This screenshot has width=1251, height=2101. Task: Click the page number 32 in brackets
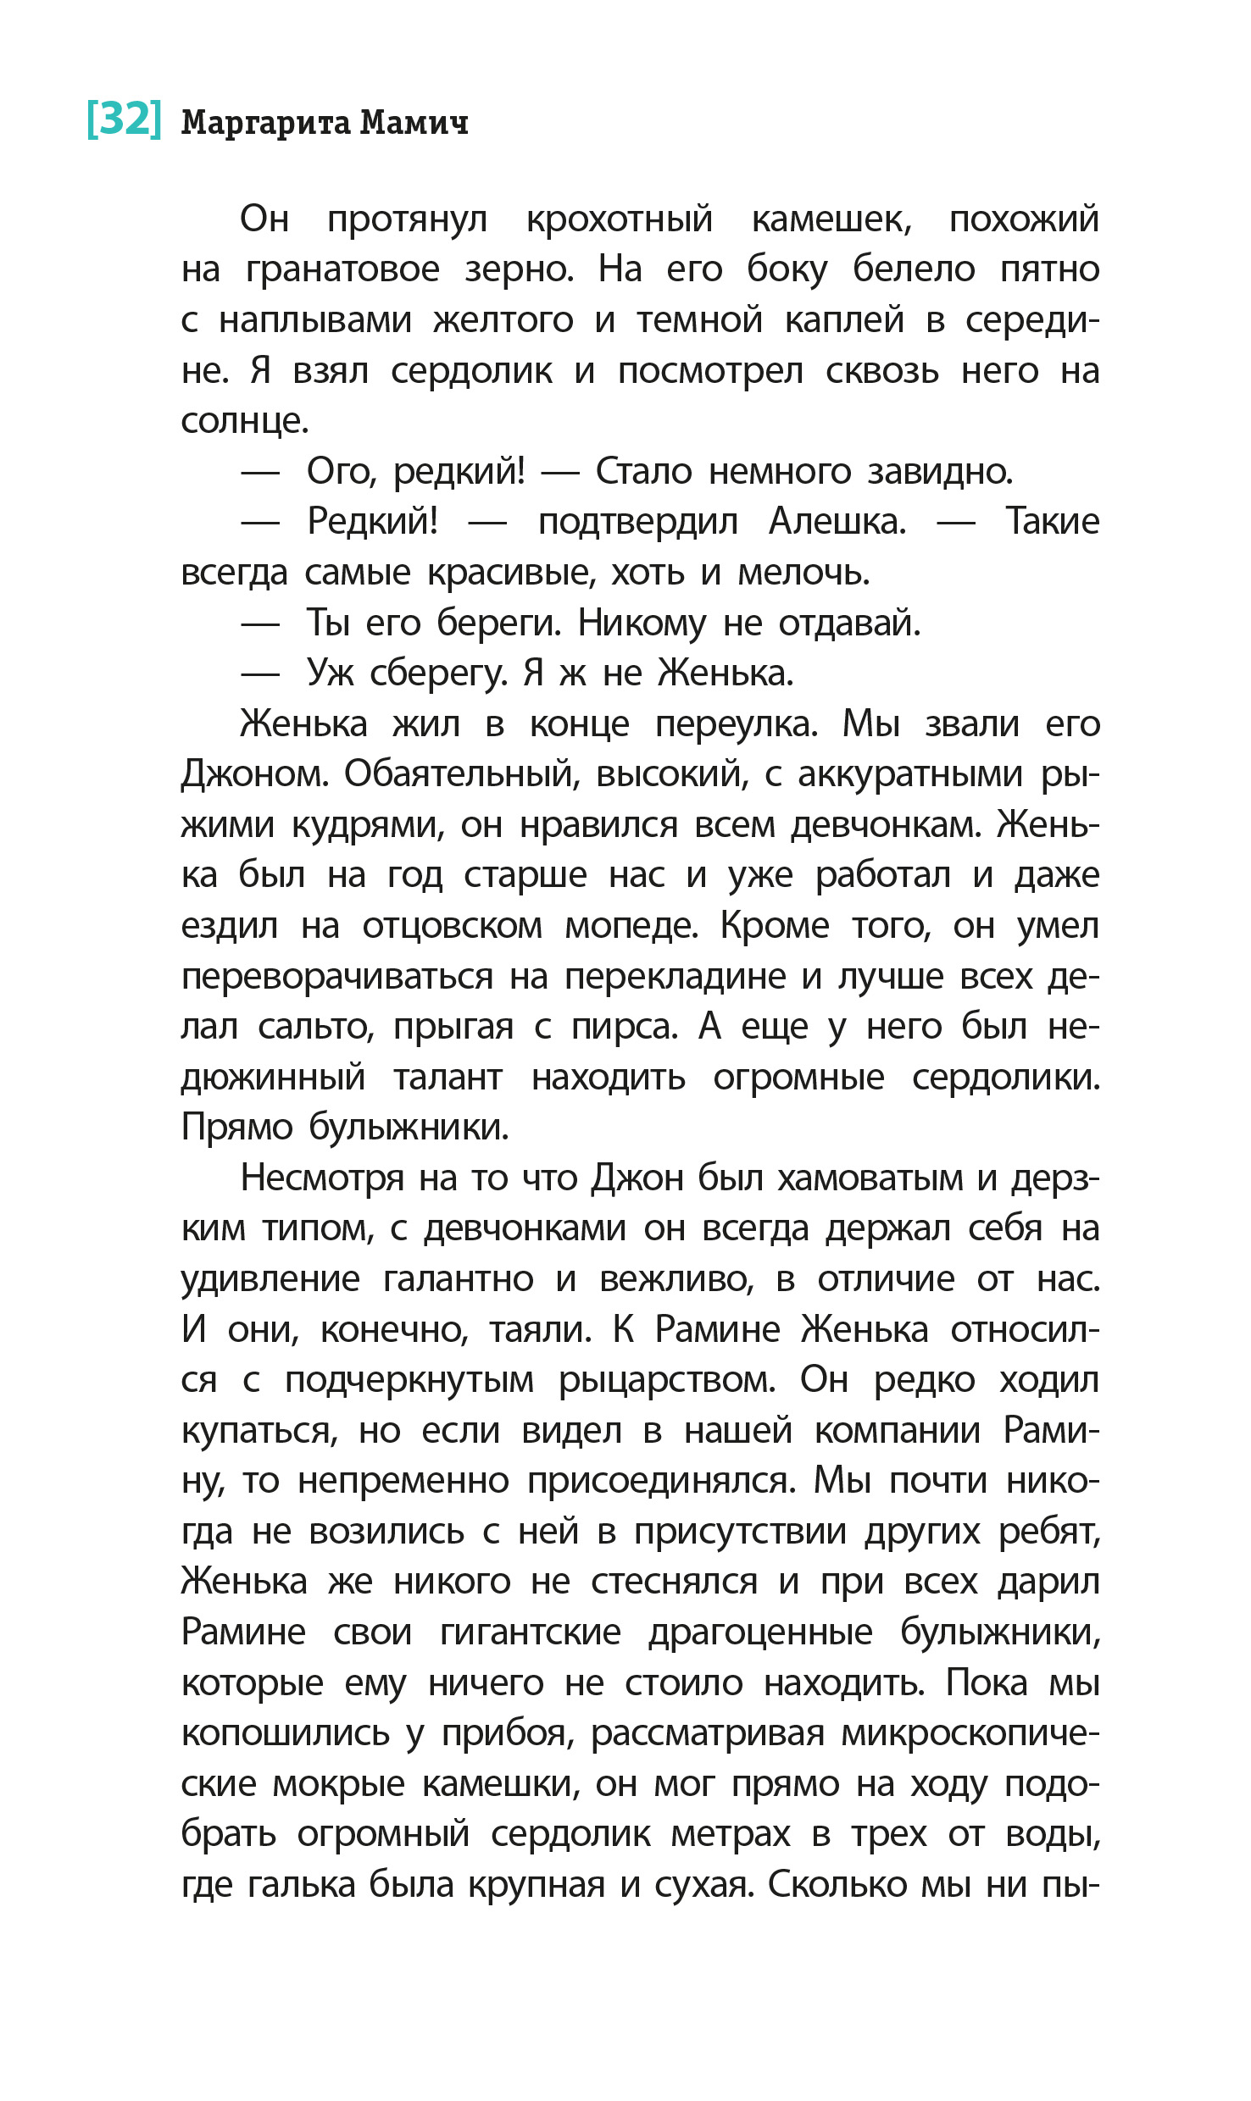tap(124, 119)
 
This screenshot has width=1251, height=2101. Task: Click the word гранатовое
tap(342, 270)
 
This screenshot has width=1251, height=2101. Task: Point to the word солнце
tap(244, 422)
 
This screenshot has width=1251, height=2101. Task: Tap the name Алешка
tap(837, 522)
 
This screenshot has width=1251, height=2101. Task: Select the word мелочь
tap(803, 574)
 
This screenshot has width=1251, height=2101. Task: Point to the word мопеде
tap(631, 926)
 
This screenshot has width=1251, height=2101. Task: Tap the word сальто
tap(315, 1028)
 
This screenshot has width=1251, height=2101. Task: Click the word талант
tap(448, 1078)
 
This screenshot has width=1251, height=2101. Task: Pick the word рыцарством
tap(667, 1380)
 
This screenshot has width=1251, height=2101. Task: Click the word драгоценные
tap(760, 1633)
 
